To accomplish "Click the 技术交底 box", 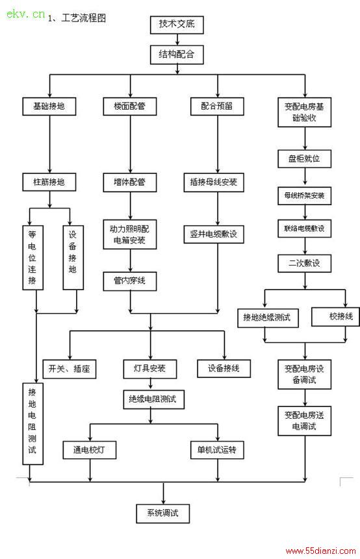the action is click(177, 25).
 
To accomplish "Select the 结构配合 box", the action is click(177, 55).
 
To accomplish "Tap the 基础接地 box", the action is click(49, 106).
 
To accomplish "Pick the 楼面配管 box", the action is click(130, 106).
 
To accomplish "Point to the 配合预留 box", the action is click(217, 106).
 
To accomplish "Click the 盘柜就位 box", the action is click(304, 158).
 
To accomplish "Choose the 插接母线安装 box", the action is click(214, 182).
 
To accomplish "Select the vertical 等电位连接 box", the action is click(33, 257).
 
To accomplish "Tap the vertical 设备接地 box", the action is click(73, 257).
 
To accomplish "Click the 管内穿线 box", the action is click(130, 281).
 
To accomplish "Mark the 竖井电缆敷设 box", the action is click(214, 234).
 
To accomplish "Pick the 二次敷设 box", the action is click(304, 264).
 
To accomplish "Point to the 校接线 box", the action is click(335, 317).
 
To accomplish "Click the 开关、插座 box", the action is click(70, 369).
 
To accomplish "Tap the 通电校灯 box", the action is click(90, 449).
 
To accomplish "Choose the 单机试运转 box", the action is click(217, 449).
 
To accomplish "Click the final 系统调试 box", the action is click(162, 514).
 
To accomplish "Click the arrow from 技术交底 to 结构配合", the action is click(177, 40).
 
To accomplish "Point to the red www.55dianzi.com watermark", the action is click(321, 551).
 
